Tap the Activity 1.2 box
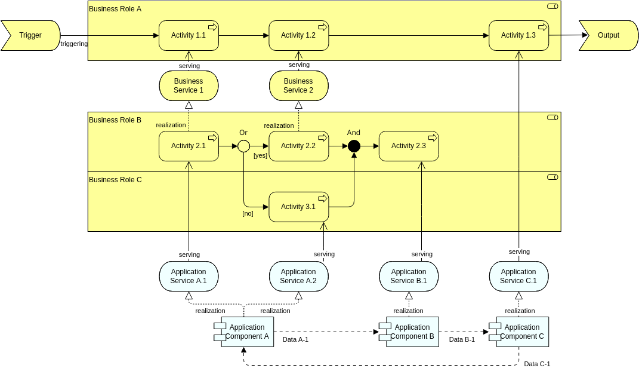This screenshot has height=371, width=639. (x=298, y=36)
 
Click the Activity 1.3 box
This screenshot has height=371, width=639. (x=518, y=36)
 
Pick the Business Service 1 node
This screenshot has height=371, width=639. (x=189, y=85)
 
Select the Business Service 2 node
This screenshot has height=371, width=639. (x=298, y=85)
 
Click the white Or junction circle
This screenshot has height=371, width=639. (x=243, y=146)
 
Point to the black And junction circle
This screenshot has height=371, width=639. (x=354, y=146)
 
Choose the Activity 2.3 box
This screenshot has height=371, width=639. (x=409, y=146)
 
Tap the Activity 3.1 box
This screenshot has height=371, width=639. (x=298, y=207)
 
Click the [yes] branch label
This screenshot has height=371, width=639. (x=260, y=155)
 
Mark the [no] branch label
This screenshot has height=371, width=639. (x=248, y=213)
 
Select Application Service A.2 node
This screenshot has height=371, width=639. (x=298, y=276)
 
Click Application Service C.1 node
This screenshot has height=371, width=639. (x=518, y=276)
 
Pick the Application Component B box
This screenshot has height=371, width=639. (x=412, y=332)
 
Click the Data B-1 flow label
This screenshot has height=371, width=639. (x=462, y=339)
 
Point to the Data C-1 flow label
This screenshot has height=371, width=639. (x=537, y=364)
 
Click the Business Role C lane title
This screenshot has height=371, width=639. (x=115, y=179)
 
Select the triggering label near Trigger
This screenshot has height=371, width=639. (x=74, y=44)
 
